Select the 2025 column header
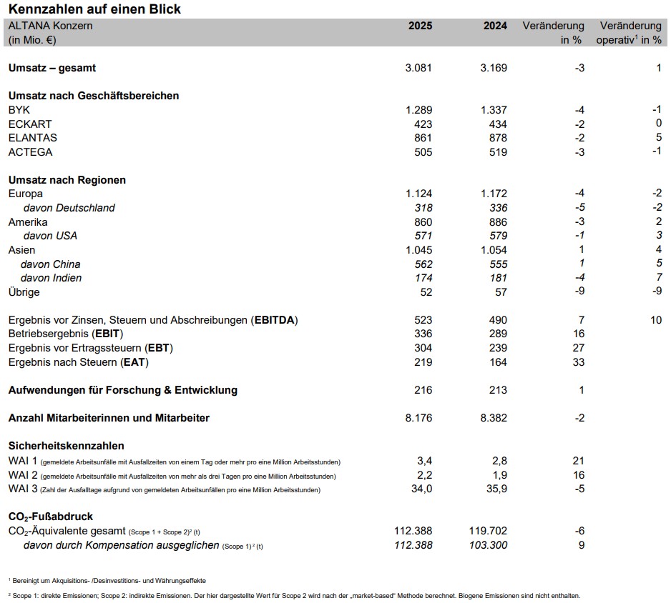(420, 26)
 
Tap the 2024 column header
(495, 26)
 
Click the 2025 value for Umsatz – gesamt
(418, 68)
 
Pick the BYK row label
(19, 110)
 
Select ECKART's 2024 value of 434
(497, 124)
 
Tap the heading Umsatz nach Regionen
(67, 180)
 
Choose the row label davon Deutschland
(69, 208)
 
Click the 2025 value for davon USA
(423, 236)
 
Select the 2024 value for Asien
(492, 250)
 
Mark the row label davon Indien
(52, 278)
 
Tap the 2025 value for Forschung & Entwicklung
(423, 390)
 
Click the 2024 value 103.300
(488, 545)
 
